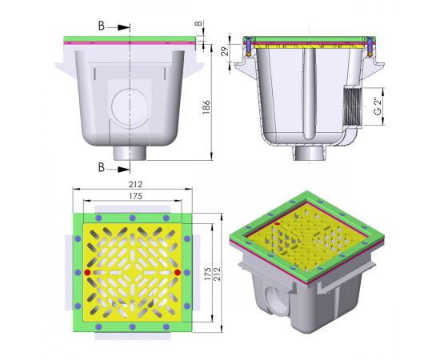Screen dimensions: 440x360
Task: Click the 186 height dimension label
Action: (x=206, y=107)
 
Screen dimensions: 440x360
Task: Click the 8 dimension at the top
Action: (x=198, y=23)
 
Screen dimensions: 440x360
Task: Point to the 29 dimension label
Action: (x=226, y=50)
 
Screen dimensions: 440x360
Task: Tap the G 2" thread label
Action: (x=378, y=106)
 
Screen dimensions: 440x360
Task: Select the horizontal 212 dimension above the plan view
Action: (x=135, y=184)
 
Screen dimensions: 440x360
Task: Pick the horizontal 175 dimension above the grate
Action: (x=135, y=196)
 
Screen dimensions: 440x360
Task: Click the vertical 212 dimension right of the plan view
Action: (x=217, y=274)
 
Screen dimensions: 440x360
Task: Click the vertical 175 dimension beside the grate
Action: (x=207, y=274)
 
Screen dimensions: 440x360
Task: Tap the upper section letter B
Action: (x=102, y=26)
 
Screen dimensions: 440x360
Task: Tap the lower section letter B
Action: (x=102, y=167)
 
